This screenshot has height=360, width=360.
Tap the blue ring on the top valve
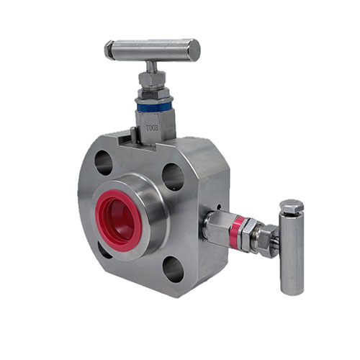(154, 106)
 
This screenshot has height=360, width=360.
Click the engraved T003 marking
(153, 127)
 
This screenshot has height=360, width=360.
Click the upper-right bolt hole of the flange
(173, 176)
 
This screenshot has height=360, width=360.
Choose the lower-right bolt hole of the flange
(173, 269)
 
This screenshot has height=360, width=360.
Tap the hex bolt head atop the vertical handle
(291, 207)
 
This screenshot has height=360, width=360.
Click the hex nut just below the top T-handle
(153, 78)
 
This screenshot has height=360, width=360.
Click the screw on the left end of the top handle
(109, 50)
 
